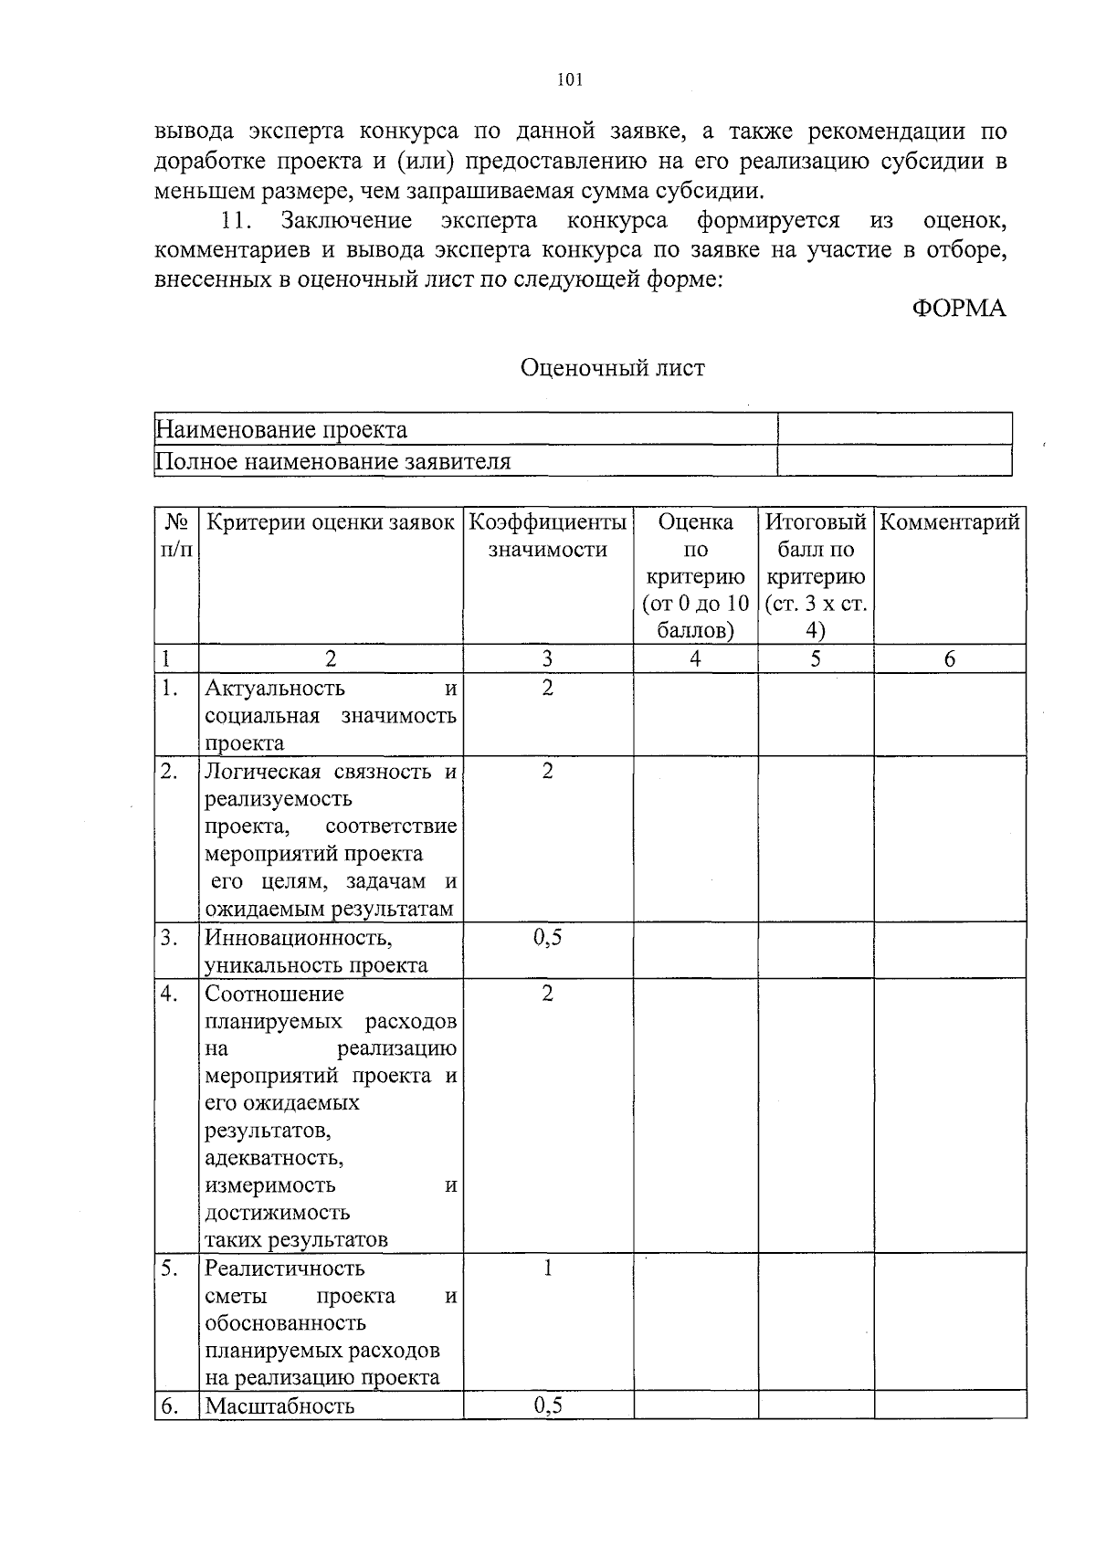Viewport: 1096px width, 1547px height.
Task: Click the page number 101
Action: tap(569, 80)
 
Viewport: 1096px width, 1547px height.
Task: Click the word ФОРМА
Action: tap(959, 309)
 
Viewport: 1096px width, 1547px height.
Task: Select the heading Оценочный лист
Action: tap(612, 368)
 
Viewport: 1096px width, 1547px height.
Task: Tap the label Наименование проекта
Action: tap(281, 429)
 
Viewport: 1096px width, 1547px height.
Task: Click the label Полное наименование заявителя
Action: tap(333, 461)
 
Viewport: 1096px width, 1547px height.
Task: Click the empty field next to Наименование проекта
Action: tap(894, 429)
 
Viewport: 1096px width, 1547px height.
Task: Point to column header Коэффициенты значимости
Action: tap(548, 536)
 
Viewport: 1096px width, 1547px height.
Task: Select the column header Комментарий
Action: tap(950, 522)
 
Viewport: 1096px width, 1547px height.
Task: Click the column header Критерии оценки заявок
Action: tap(331, 522)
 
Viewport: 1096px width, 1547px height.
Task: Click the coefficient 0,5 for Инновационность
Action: tap(548, 938)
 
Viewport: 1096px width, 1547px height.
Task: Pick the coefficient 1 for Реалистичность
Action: tap(548, 1268)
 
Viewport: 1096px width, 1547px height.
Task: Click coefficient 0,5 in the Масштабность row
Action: tap(548, 1405)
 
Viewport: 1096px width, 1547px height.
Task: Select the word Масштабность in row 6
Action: tap(279, 1405)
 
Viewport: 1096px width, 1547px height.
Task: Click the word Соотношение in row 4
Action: tap(274, 994)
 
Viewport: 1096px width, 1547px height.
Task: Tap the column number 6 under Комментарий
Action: tap(950, 659)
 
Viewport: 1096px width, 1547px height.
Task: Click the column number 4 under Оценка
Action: tap(695, 659)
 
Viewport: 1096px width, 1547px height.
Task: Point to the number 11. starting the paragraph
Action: tap(236, 221)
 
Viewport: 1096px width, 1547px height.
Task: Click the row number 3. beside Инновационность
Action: tap(169, 938)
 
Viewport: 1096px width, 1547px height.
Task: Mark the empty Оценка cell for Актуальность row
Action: tap(695, 714)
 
